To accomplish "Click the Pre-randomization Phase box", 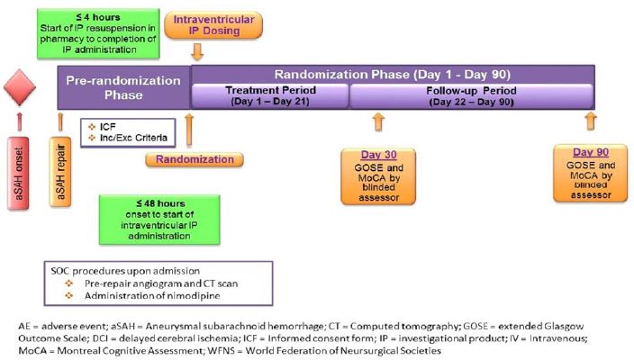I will coord(122,87).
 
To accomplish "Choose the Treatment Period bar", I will coord(269,95).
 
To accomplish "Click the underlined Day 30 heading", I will coord(378,156).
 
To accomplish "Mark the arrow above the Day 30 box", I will coord(378,123).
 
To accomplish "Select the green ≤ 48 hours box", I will coord(158,217).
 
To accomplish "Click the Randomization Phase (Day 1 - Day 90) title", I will coord(393,74).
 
